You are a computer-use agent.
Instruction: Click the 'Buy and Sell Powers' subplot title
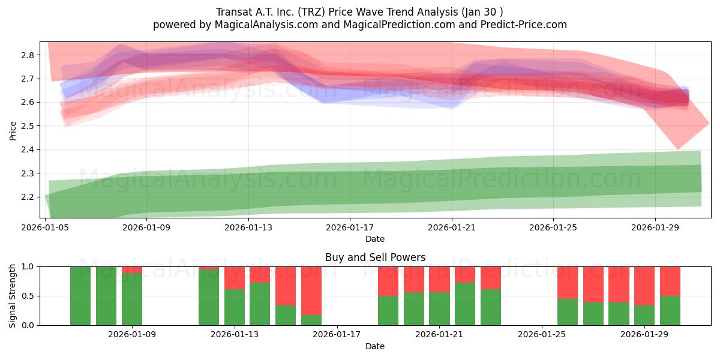(375, 257)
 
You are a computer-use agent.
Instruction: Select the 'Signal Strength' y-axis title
(13, 296)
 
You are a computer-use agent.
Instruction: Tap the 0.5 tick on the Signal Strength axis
(27, 296)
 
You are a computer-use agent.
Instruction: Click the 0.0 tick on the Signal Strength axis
(27, 325)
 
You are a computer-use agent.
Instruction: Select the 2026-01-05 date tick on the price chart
(46, 227)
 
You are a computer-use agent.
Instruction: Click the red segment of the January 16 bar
(311, 290)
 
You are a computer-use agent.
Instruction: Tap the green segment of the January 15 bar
(286, 315)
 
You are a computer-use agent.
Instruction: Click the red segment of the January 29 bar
(644, 286)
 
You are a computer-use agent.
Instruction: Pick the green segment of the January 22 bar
(465, 304)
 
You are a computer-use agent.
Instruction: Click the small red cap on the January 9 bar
(132, 269)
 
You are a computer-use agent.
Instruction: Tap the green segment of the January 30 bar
(670, 310)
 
